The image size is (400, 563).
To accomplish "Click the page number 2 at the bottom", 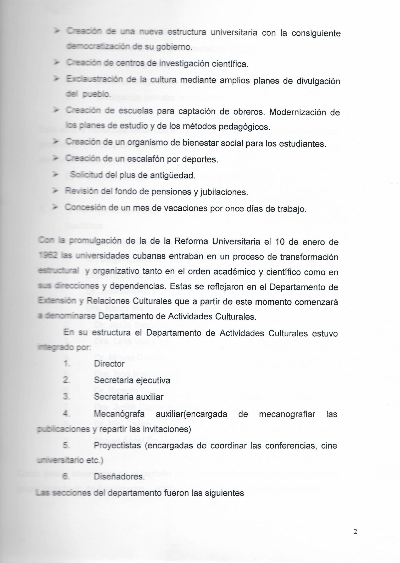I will (355, 532).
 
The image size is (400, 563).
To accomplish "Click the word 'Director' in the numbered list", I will (109, 364).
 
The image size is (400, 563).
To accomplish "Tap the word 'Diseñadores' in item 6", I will (119, 476).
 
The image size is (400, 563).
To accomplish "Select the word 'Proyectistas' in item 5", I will (117, 445).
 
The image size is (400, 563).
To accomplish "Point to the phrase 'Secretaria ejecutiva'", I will (132, 380).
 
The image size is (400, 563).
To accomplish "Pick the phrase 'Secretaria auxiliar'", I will (129, 397).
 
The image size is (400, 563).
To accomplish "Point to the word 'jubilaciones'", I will (224, 192).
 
